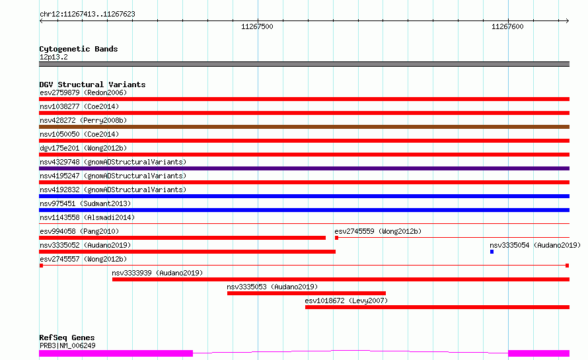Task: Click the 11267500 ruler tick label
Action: pyautogui.click(x=257, y=26)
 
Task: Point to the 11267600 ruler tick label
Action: pyautogui.click(x=507, y=26)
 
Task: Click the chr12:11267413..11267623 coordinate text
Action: pyautogui.click(x=87, y=14)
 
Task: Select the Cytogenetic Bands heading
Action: pyautogui.click(x=79, y=49)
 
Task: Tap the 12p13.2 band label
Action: pyautogui.click(x=54, y=57)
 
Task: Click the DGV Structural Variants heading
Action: pyautogui.click(x=92, y=85)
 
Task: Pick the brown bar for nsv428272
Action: pyautogui.click(x=304, y=127)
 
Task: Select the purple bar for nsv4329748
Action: pyautogui.click(x=304, y=168)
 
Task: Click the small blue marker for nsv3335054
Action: pyautogui.click(x=492, y=252)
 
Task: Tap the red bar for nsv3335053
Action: pyautogui.click(x=307, y=293)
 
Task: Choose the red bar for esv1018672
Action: pyautogui.click(x=437, y=307)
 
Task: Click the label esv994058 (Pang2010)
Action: pyautogui.click(x=79, y=231)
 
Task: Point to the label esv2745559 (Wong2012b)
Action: pyautogui.click(x=378, y=231)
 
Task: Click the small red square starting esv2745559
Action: pyautogui.click(x=336, y=238)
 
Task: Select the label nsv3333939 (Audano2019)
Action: pyautogui.click(x=157, y=273)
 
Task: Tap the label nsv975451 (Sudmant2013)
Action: pyautogui.click(x=85, y=203)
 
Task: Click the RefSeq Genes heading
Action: pyautogui.click(x=67, y=338)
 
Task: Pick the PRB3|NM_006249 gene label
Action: pyautogui.click(x=67, y=345)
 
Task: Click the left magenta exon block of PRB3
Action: pyautogui.click(x=116, y=353)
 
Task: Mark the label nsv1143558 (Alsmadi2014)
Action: pyautogui.click(x=87, y=217)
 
